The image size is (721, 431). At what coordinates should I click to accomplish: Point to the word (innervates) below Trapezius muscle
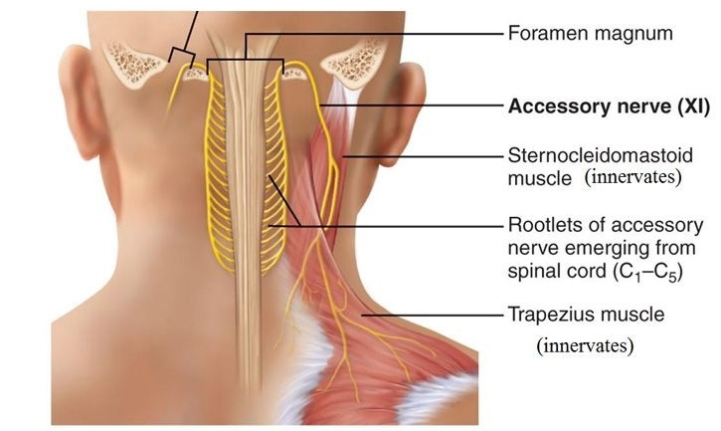pyautogui.click(x=585, y=346)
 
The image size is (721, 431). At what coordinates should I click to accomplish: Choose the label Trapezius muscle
pyautogui.click(x=586, y=316)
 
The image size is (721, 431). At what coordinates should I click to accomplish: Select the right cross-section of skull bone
pyautogui.click(x=353, y=64)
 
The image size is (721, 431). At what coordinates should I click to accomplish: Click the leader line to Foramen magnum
pyautogui.click(x=398, y=34)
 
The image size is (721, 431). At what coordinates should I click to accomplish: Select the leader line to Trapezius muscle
pyautogui.click(x=438, y=316)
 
